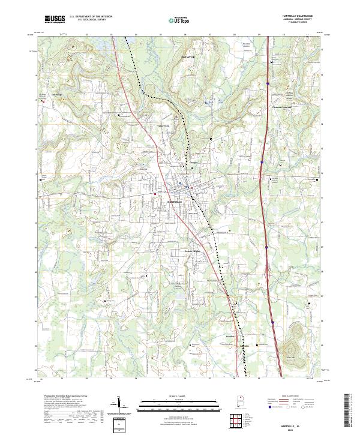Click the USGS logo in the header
coord(55,19)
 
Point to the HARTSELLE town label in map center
coord(175,202)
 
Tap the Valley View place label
coord(163,125)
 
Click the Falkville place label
coord(244,346)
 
